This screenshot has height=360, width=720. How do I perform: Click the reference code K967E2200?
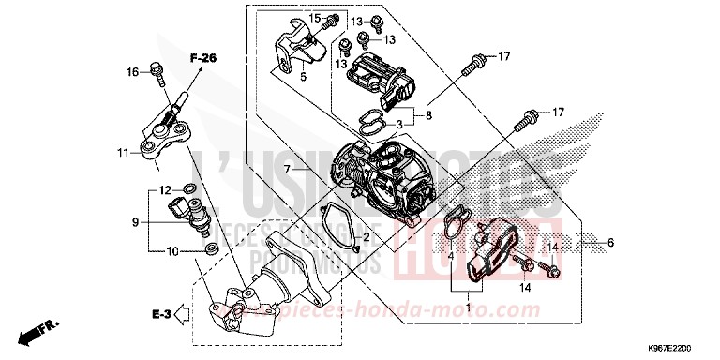[x=684, y=347]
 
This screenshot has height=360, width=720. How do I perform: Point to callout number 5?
[x=303, y=79]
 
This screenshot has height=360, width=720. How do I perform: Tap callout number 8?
[x=429, y=116]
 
